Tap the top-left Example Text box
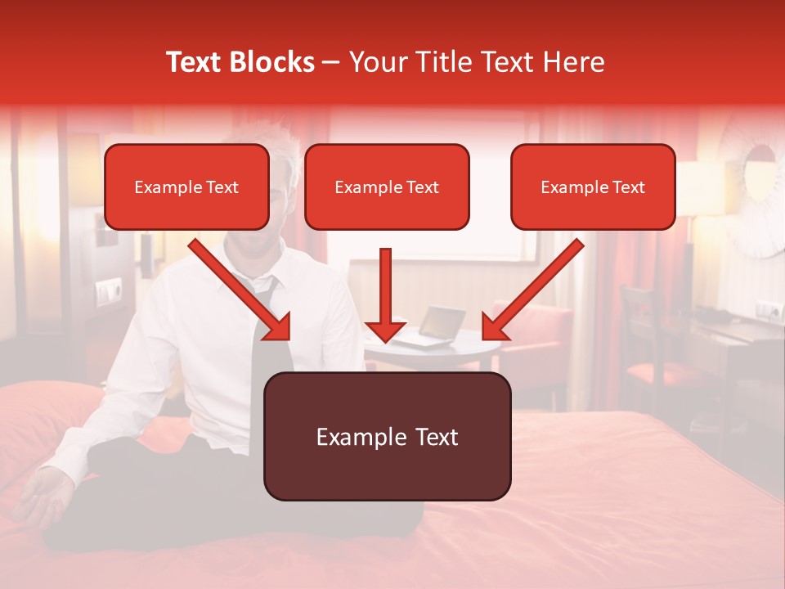coord(186,187)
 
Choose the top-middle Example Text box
coord(387,187)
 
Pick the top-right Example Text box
coord(593,187)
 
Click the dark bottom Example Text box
coord(387,436)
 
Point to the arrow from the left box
coord(240,290)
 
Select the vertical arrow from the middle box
coord(385,294)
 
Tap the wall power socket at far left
coord(107,290)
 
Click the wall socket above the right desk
coord(769,311)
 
